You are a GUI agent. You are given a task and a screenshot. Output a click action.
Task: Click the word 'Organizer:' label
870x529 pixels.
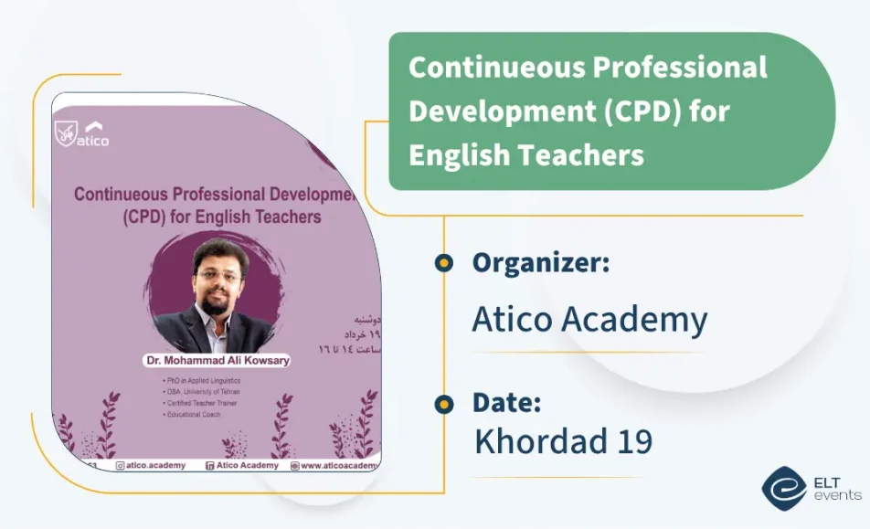[540, 263]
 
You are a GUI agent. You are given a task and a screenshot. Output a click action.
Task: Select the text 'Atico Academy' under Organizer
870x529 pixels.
[589, 320]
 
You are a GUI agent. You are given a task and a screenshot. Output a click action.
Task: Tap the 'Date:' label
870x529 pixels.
[506, 403]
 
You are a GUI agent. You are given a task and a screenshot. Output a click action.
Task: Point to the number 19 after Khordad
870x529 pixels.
[631, 441]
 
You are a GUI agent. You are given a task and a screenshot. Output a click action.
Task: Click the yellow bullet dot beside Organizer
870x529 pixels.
[443, 263]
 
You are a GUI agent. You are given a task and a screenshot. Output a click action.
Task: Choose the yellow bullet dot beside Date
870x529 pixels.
[443, 403]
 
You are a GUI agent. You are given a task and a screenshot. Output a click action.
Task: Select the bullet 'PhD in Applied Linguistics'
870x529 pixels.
[202, 379]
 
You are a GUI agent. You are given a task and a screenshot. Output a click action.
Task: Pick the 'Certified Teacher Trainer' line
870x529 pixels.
[200, 403]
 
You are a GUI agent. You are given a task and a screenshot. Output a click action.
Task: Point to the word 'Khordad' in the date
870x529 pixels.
[532, 441]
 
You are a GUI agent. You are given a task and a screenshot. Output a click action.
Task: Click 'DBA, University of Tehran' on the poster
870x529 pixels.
[203, 391]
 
